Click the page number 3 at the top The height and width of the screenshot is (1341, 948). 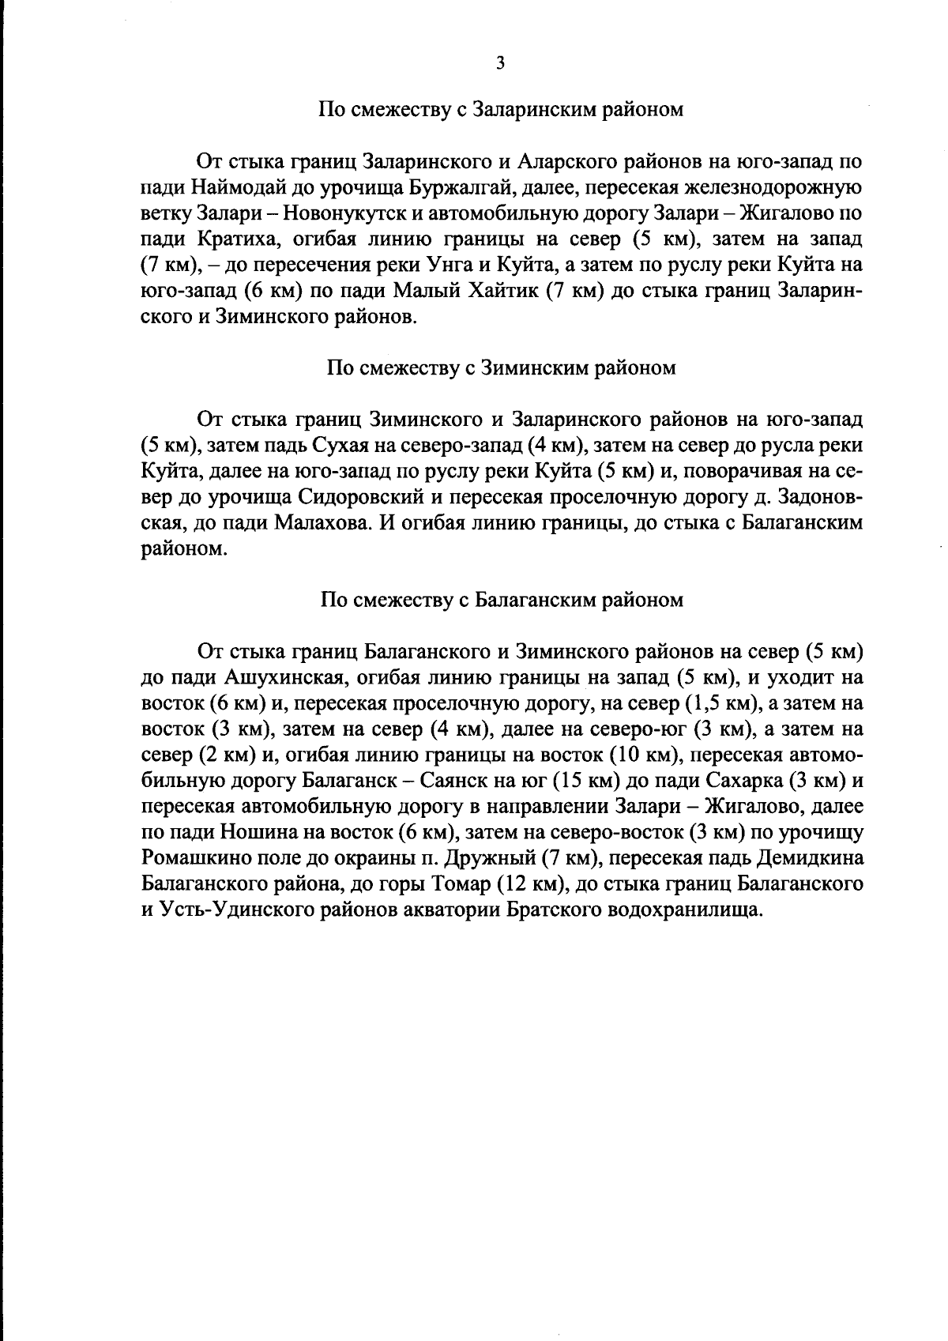pyautogui.click(x=499, y=64)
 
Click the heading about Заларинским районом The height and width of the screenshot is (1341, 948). pyautogui.click(x=501, y=110)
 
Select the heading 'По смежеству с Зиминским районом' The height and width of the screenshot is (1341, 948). pyautogui.click(x=501, y=368)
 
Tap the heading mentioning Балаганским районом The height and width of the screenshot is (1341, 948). pyautogui.click(x=501, y=601)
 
